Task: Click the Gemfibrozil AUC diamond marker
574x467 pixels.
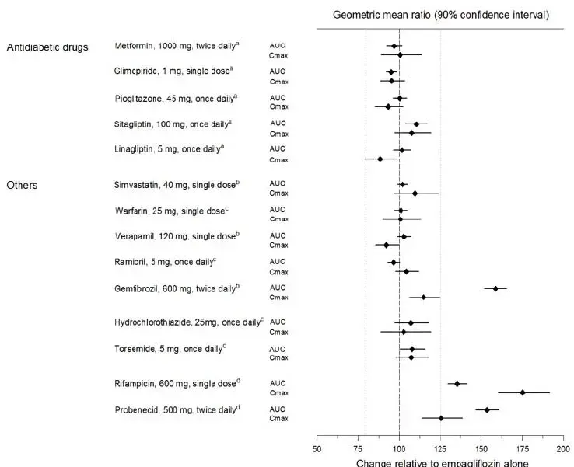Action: click(x=495, y=288)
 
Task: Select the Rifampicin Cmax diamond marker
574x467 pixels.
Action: click(x=523, y=392)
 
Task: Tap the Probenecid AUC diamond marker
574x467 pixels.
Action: click(x=488, y=409)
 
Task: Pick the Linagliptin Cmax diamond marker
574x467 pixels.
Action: click(x=380, y=159)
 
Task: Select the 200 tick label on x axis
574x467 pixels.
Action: click(x=563, y=449)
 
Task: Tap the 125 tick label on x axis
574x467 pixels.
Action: click(x=440, y=449)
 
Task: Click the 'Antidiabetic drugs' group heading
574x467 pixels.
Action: click(x=47, y=47)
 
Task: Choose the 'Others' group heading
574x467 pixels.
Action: click(x=22, y=185)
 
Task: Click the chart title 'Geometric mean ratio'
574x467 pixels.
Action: click(x=441, y=15)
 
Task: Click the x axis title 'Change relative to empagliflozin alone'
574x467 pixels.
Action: click(x=442, y=463)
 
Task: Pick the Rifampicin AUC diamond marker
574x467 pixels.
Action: click(x=457, y=383)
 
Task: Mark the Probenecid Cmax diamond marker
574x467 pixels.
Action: click(x=441, y=418)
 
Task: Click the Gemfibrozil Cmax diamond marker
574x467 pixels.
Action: click(x=424, y=297)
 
